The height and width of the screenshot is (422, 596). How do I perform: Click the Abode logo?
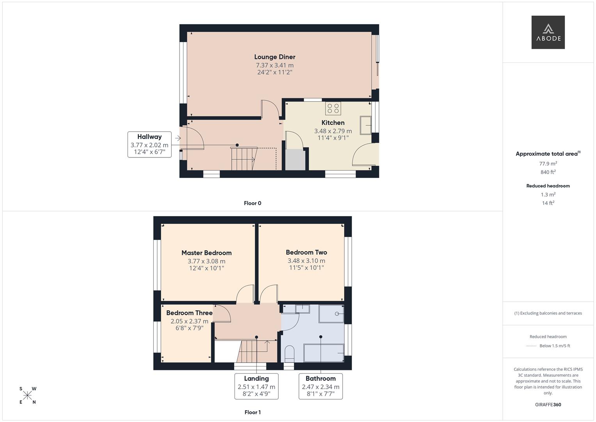(x=548, y=32)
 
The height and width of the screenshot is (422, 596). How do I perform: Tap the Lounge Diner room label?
(x=275, y=57)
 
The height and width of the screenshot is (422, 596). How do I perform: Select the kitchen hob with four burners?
(x=333, y=108)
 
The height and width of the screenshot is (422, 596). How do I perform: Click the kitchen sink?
(x=366, y=125)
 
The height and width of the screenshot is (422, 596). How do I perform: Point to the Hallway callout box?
(x=149, y=144)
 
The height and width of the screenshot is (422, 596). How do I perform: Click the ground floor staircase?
(x=244, y=159)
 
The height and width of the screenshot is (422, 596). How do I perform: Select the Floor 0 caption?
(x=253, y=203)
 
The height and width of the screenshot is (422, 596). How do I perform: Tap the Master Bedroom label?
(x=206, y=253)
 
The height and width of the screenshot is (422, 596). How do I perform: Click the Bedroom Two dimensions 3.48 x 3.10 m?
(x=306, y=261)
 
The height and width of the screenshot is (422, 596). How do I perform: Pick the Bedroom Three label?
(x=189, y=313)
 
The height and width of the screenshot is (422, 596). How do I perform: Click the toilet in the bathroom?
(x=289, y=353)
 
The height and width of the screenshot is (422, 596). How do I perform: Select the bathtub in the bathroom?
(x=324, y=353)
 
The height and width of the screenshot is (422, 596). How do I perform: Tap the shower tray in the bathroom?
(x=331, y=314)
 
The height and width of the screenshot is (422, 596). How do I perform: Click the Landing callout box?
(x=256, y=386)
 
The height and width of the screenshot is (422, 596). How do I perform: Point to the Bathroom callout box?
(x=320, y=386)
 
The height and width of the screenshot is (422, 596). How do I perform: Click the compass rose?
(x=28, y=395)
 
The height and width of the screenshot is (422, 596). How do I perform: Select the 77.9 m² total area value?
(x=548, y=164)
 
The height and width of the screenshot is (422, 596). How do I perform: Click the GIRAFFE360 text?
(x=548, y=404)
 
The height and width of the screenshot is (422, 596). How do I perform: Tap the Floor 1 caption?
(x=253, y=412)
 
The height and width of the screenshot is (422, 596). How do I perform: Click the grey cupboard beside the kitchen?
(x=295, y=160)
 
